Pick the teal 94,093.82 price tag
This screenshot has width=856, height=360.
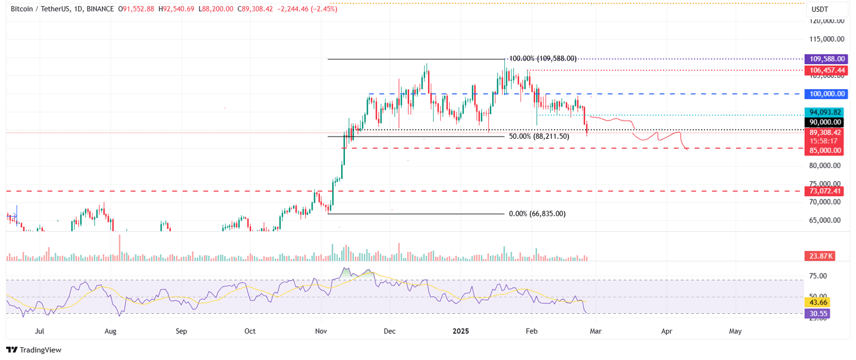824,111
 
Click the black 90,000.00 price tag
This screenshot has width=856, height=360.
824,122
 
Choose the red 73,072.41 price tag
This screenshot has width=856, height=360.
824,191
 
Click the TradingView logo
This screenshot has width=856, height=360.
33,350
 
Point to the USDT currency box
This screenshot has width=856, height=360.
820,9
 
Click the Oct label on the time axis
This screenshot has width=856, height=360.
250,331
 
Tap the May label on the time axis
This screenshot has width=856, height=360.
735,331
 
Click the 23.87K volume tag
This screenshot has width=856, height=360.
819,256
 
